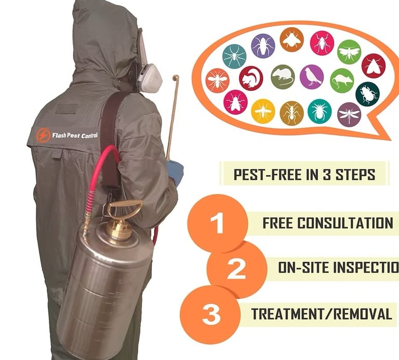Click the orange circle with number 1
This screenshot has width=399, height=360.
217,223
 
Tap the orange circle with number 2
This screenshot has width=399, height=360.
237,269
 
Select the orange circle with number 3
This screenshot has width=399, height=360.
210,315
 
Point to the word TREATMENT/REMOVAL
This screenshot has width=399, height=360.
322,314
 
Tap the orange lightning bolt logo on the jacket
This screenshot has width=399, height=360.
43,135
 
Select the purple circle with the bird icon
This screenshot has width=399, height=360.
312,76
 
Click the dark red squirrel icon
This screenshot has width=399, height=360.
251,78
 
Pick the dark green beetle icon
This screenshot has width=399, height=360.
367,94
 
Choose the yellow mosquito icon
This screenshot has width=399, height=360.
263,111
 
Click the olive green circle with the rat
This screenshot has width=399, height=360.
283,76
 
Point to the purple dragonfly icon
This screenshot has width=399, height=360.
349,114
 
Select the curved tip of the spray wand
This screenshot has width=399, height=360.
176,77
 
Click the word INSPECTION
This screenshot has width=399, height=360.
338,268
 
